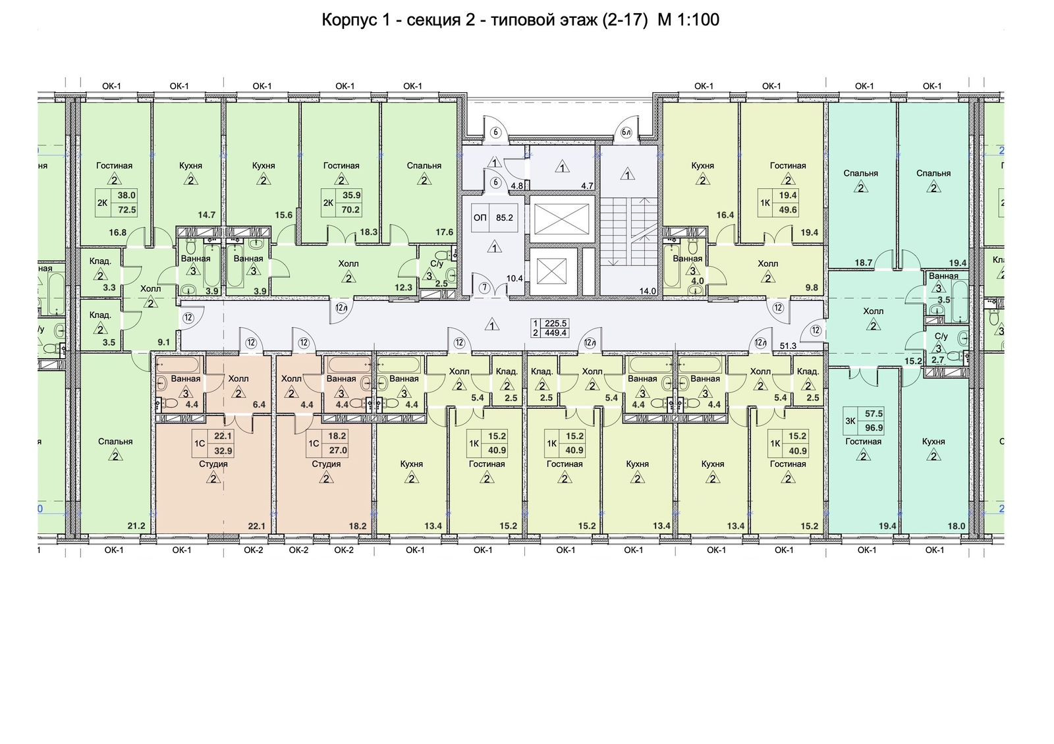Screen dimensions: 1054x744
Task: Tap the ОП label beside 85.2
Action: [480, 217]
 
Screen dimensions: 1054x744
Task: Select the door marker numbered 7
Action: [484, 287]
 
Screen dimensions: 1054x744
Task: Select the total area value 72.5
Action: [126, 210]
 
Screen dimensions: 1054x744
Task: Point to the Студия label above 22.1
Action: [213, 464]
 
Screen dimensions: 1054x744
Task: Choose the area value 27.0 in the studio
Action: [337, 451]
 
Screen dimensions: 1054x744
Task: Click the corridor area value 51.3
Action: [788, 346]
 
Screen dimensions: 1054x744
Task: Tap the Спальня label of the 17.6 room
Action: [424, 166]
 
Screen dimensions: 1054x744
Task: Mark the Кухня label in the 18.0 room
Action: [933, 442]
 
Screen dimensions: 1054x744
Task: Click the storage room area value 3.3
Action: [109, 288]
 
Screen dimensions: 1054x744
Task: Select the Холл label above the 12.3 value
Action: [348, 263]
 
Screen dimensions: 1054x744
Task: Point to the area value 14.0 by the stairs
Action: [648, 291]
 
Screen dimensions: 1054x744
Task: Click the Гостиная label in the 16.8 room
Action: [114, 166]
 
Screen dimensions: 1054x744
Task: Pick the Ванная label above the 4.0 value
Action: [687, 259]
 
